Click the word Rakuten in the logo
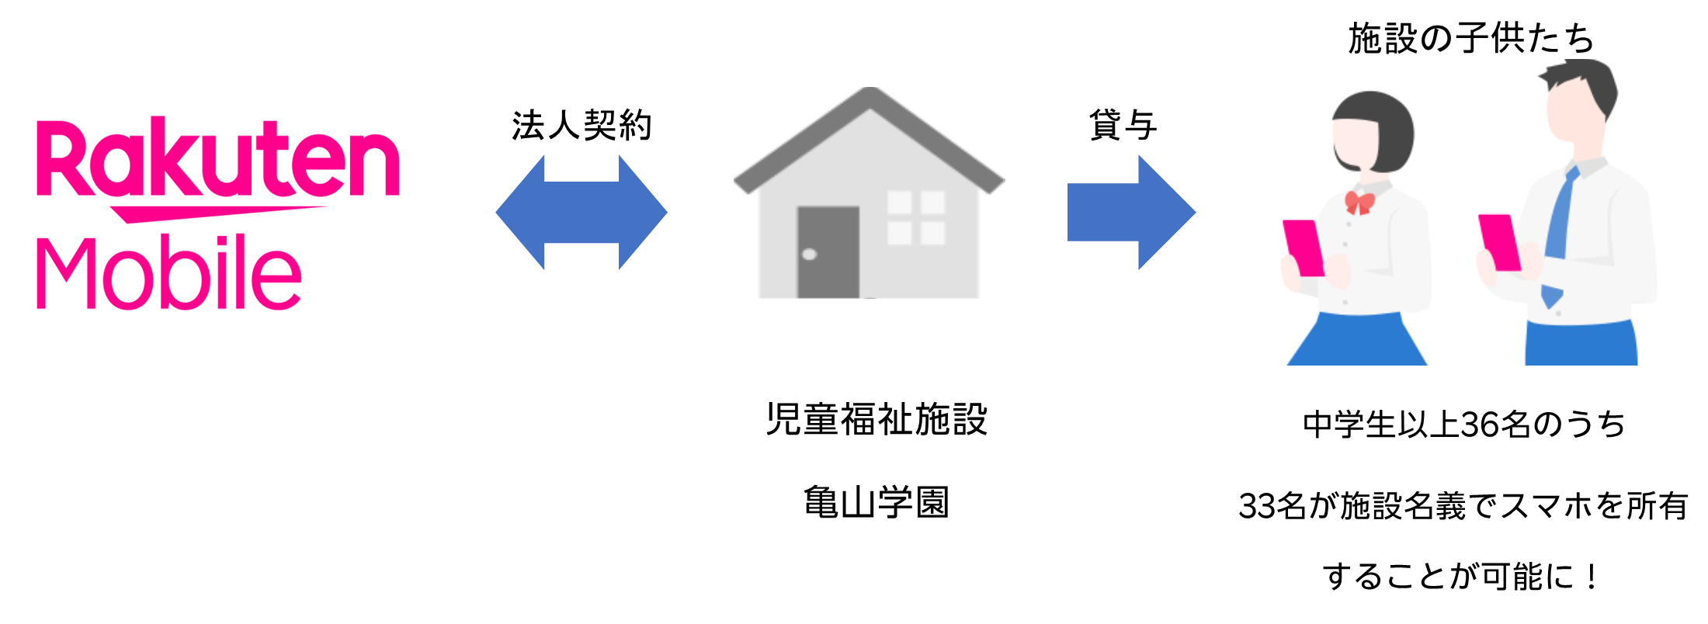217,159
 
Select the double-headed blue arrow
581,212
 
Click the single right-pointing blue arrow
1132,212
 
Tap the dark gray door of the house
828,251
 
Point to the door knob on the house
809,254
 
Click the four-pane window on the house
916,217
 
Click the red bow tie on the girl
1359,203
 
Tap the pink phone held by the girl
1303,247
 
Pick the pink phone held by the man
1498,241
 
